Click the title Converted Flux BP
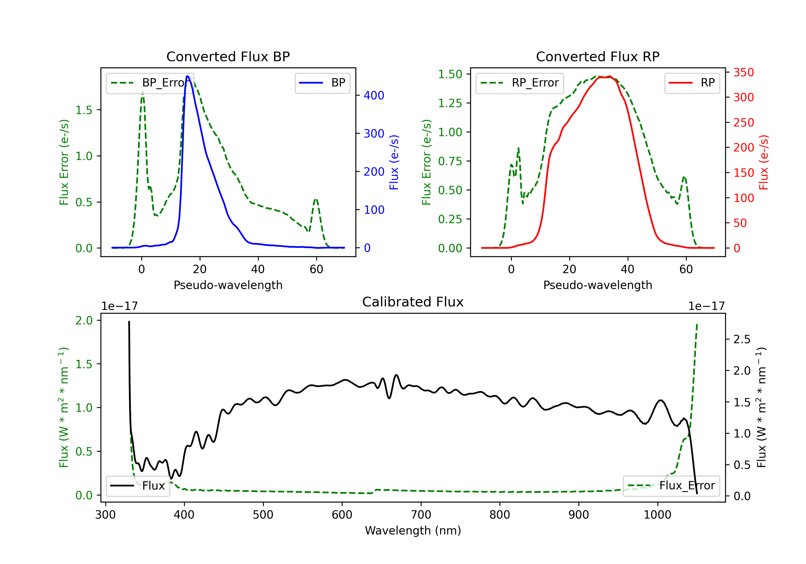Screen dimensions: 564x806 (x=228, y=56)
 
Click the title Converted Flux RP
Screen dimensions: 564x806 (x=598, y=56)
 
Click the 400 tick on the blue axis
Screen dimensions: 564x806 (x=374, y=95)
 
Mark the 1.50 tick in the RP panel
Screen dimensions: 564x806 (x=450, y=74)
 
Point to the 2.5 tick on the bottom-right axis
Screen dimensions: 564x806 (x=742, y=339)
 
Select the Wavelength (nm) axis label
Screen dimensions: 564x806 (x=413, y=530)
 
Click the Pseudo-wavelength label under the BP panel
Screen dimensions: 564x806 (x=228, y=285)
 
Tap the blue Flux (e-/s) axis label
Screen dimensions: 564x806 (x=394, y=162)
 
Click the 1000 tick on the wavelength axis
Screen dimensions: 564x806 (x=657, y=515)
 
